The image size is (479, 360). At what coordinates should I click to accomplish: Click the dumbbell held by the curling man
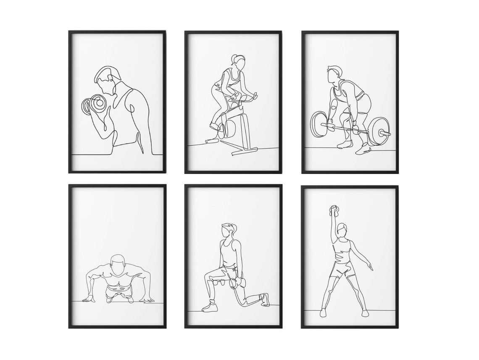tap(94, 104)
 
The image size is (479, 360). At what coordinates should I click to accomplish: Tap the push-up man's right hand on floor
tap(89, 299)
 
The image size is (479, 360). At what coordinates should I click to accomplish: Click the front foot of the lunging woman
tap(210, 307)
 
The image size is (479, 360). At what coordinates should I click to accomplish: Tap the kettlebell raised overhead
tap(334, 210)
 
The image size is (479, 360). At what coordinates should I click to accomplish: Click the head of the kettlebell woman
tap(342, 230)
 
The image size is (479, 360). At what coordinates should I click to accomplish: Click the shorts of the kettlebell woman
tap(342, 269)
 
